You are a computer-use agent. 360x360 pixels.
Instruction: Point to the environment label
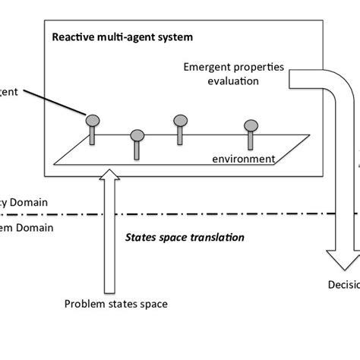point(244,159)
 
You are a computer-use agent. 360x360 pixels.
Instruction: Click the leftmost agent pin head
point(92,119)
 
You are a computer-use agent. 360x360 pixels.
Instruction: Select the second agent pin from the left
point(137,136)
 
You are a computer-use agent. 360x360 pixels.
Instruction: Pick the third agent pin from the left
point(180,120)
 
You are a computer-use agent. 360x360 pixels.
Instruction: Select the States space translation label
point(185,237)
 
